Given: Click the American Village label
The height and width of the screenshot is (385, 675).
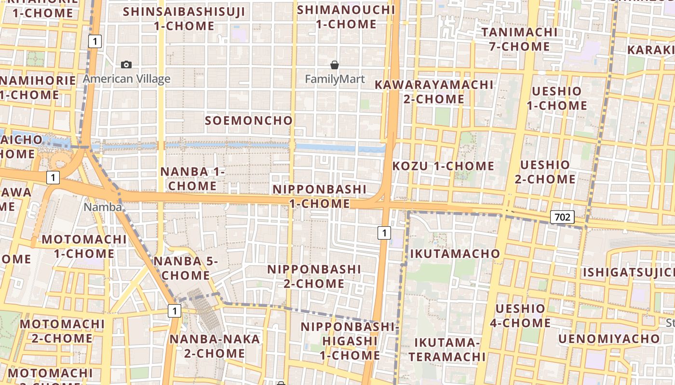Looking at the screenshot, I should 127,79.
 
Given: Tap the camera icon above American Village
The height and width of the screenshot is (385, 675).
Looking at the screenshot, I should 126,64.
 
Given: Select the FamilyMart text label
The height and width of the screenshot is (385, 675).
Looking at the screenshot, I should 335,79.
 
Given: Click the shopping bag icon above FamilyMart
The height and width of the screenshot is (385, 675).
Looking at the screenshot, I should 335,64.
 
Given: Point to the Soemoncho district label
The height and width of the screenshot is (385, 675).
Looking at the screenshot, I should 249,120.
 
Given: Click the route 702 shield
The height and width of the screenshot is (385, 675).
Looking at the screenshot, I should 562,217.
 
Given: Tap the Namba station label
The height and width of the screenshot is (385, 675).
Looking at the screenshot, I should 102,207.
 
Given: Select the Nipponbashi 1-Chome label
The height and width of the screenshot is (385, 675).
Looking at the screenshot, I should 320,196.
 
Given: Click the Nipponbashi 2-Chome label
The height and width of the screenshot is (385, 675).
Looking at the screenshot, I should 314,276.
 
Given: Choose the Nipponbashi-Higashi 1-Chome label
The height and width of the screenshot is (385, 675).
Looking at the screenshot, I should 350,341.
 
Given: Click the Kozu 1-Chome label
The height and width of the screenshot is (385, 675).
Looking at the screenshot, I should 444,166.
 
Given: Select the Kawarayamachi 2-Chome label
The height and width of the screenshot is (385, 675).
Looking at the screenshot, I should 434,92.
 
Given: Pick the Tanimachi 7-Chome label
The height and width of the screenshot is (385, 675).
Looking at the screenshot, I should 519,39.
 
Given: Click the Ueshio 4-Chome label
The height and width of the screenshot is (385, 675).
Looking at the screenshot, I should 520,316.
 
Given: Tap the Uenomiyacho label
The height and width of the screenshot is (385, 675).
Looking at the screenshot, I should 609,339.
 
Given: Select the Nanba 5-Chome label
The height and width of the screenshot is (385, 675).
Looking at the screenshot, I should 186,268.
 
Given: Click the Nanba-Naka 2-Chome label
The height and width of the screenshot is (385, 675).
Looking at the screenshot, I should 215,346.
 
